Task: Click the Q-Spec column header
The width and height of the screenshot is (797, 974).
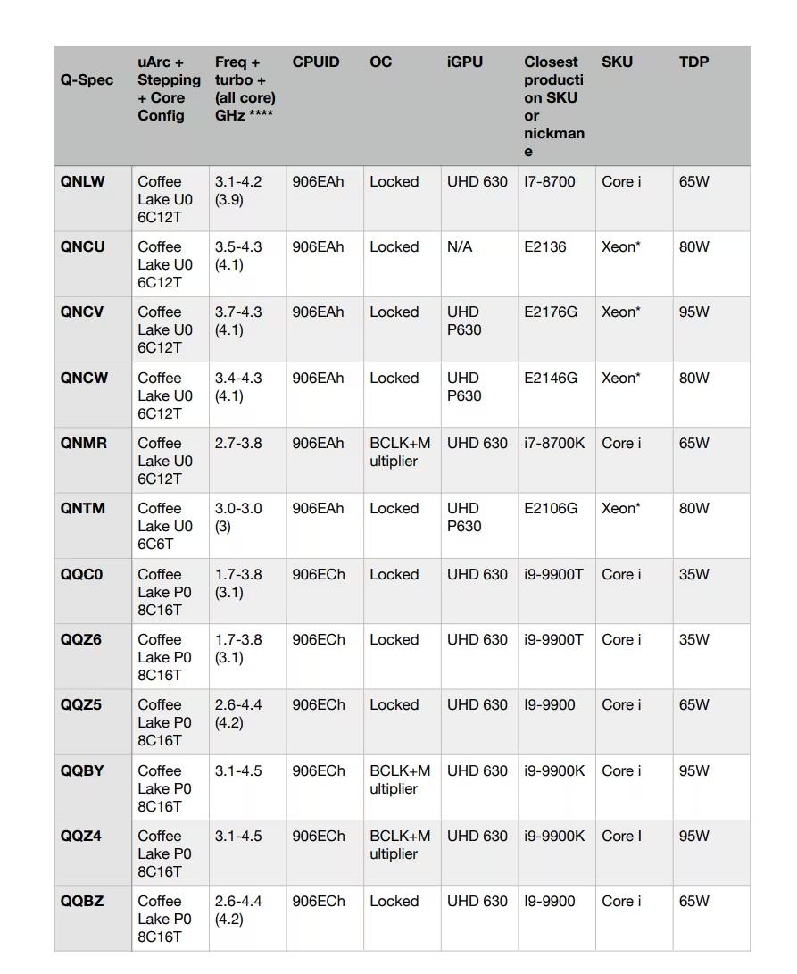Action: point(87,80)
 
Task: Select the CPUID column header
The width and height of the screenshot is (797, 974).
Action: point(316,62)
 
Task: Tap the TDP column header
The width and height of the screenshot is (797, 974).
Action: point(693,62)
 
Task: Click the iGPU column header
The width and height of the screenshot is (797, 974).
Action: point(465,62)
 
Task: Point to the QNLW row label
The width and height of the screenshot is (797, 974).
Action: point(83,182)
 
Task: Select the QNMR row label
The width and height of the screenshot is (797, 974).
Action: point(84,444)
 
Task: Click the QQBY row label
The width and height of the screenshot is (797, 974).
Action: point(82,771)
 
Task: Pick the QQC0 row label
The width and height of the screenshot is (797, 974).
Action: point(82,575)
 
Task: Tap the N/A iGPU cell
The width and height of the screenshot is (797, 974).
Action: point(460,247)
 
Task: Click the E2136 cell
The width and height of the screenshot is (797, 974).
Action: point(544,247)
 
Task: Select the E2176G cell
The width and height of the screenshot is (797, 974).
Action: point(551,312)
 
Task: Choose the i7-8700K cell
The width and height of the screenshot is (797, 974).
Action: point(554,444)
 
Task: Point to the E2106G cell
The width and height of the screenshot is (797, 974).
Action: point(551,509)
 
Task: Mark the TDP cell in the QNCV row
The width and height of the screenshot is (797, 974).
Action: point(693,312)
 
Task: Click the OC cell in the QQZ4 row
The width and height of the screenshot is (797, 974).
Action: point(400,845)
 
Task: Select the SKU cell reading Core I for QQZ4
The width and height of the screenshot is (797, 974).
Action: point(621,837)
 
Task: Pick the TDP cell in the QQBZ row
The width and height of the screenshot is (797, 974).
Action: point(693,902)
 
